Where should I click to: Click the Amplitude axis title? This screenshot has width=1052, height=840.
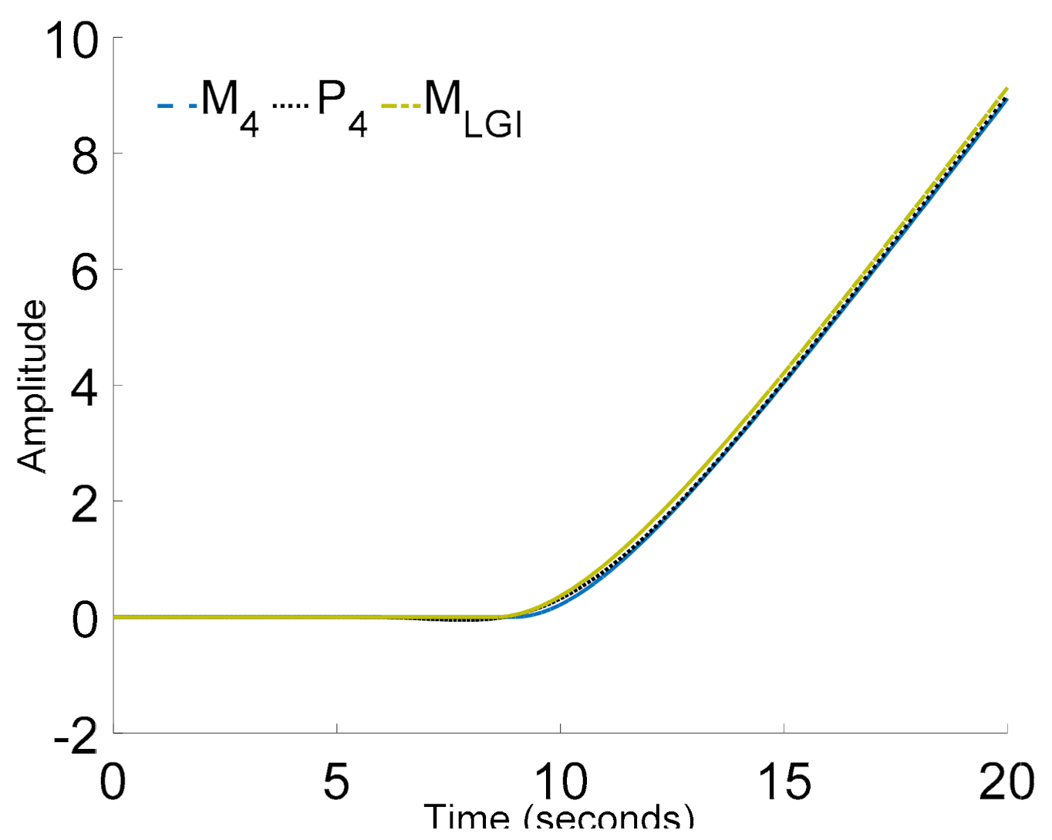[32, 386]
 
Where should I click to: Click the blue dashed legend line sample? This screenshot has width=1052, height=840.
[177, 105]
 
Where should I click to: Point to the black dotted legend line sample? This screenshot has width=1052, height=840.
[290, 105]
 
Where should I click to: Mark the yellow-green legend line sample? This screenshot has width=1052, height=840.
[401, 105]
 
